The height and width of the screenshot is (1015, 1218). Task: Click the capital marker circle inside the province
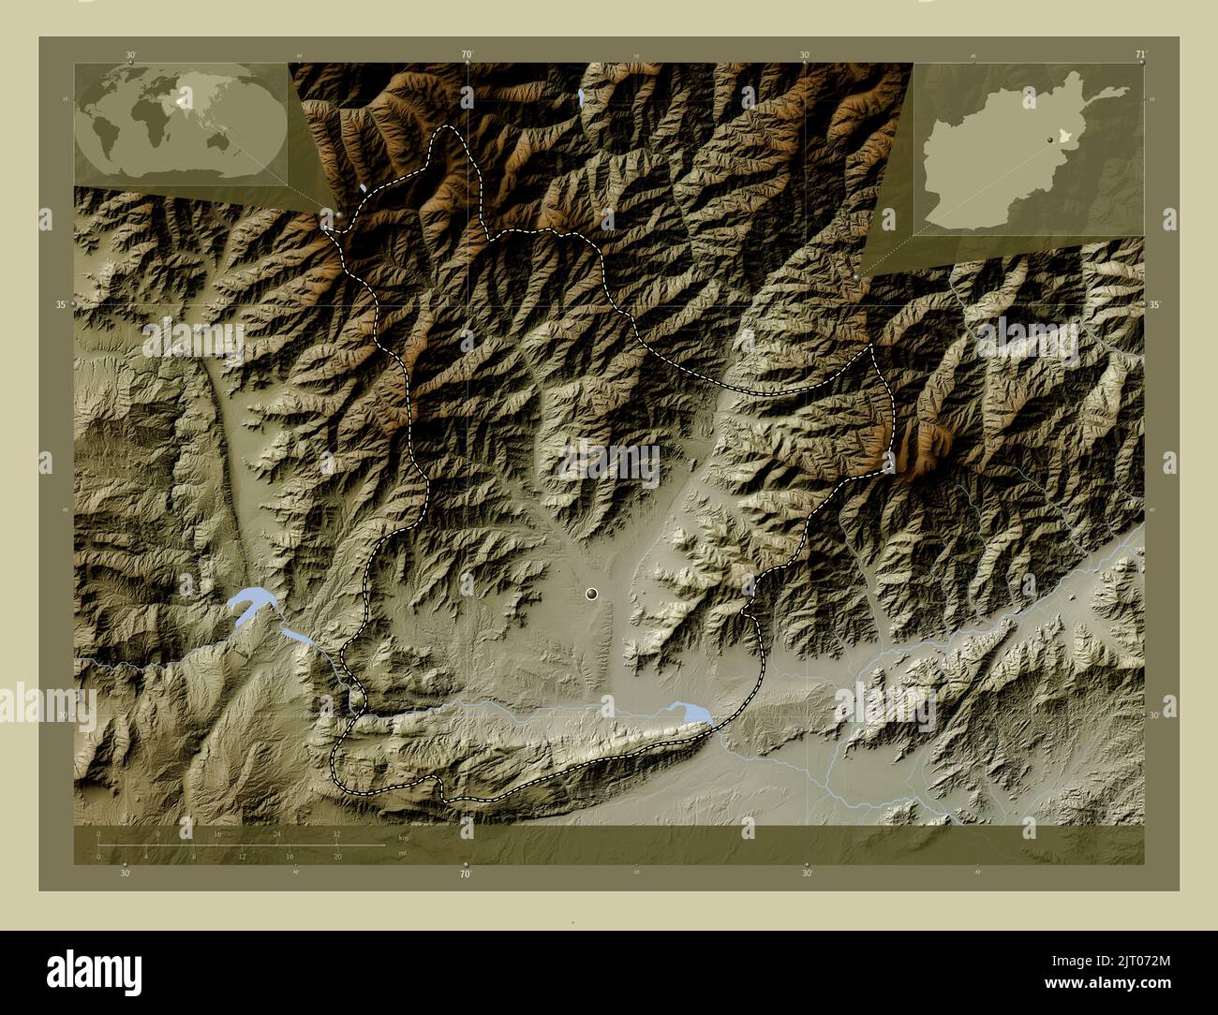tap(591, 593)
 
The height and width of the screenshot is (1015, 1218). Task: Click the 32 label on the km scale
tap(336, 833)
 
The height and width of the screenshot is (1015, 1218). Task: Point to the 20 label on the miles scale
tap(336, 856)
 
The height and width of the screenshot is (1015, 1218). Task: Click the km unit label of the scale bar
tap(404, 838)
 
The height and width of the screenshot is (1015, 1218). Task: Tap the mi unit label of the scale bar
tap(402, 853)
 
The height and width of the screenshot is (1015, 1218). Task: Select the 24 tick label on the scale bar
tap(276, 833)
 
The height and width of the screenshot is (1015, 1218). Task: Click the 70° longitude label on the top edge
tap(466, 54)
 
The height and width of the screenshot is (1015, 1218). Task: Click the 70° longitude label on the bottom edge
tap(466, 875)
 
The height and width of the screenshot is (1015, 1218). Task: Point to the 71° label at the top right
tap(1139, 54)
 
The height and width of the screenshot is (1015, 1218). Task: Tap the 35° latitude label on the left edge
tap(61, 305)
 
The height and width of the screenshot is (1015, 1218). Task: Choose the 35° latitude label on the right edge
tap(1155, 305)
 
